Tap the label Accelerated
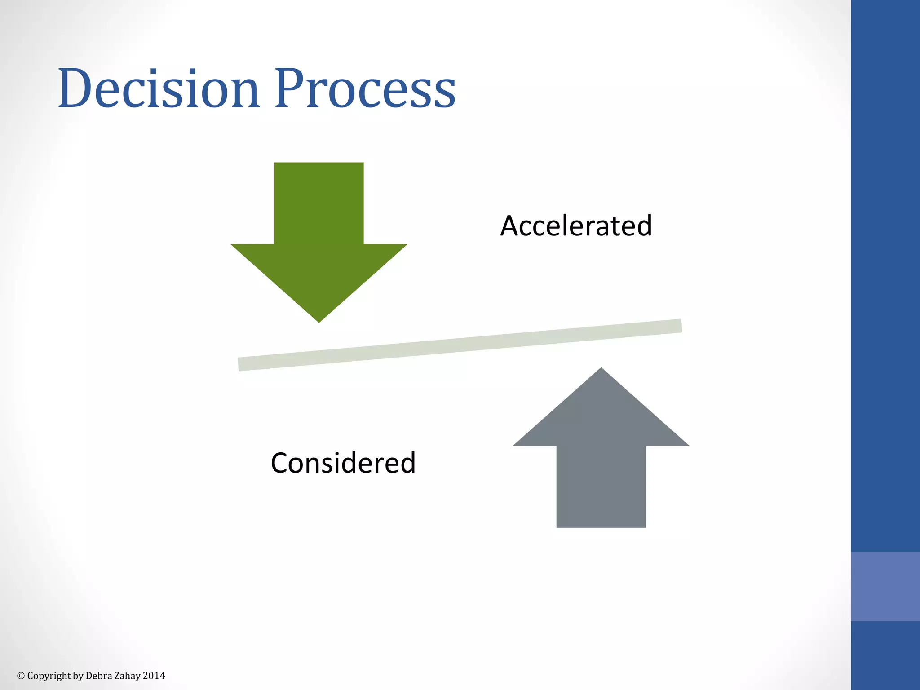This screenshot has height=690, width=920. pos(576,226)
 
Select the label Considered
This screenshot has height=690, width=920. pos(343,463)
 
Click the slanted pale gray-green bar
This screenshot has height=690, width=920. pos(460,345)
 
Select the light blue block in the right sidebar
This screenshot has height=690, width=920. pos(885,586)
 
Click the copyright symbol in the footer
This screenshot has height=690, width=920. pos(21,676)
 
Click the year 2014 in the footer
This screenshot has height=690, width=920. pos(154,676)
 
